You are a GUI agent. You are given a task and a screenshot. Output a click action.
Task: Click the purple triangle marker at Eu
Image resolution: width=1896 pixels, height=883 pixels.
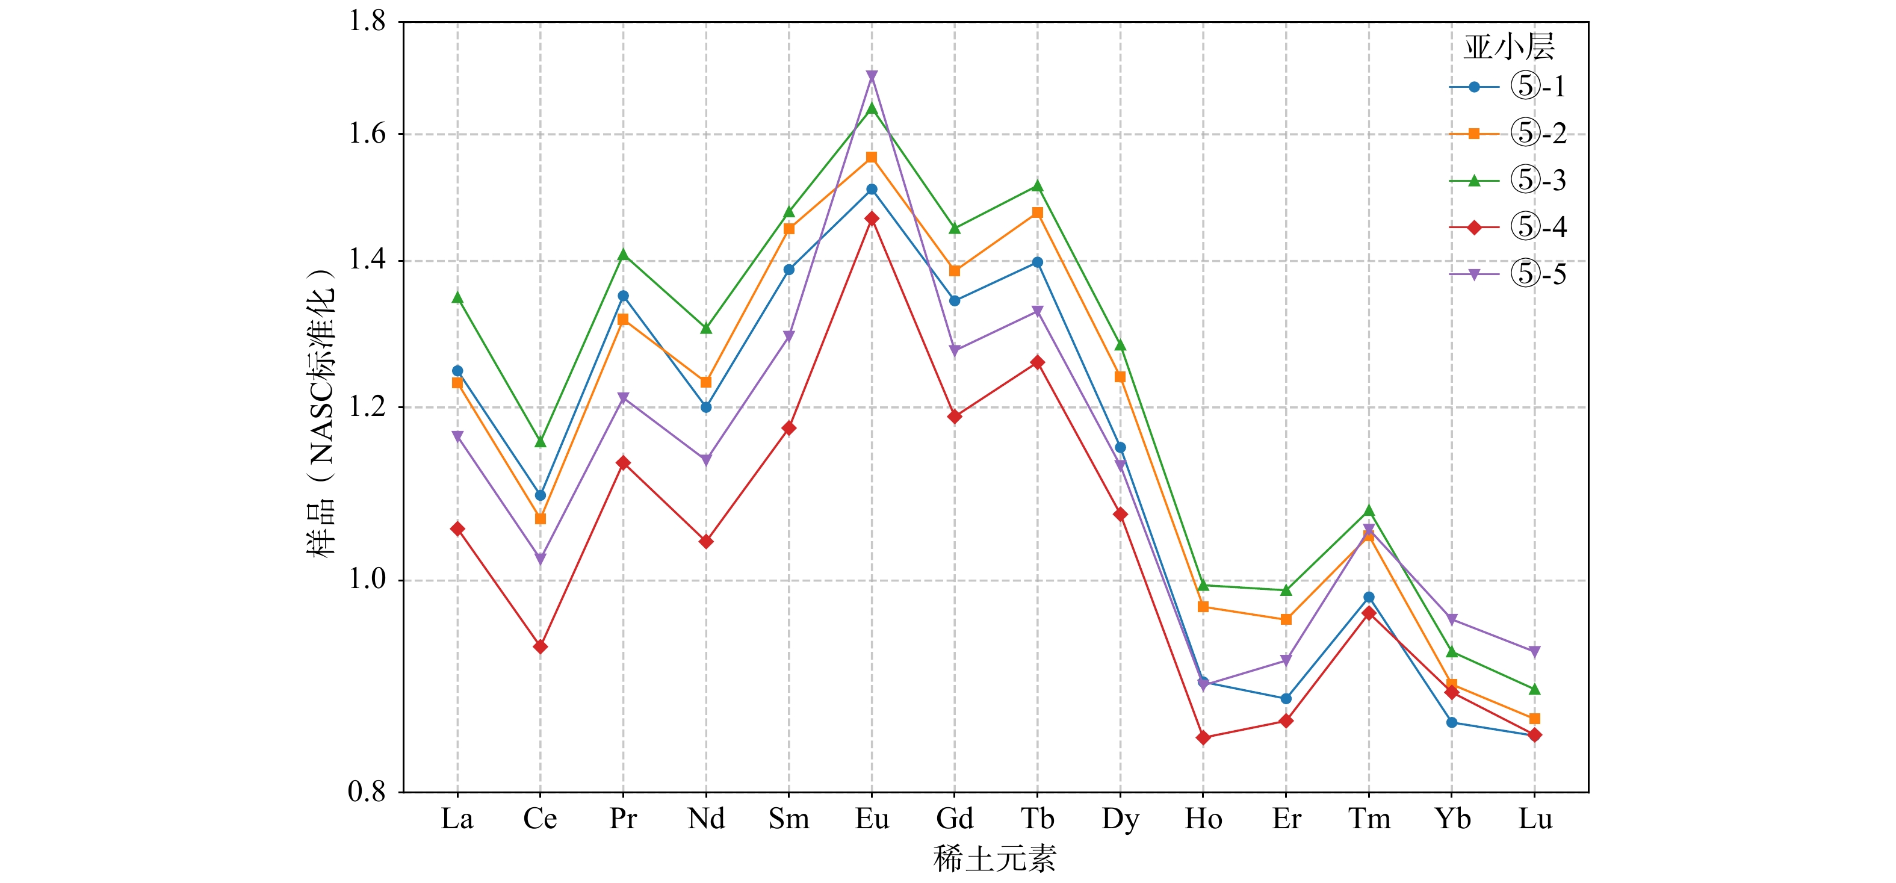pos(872,76)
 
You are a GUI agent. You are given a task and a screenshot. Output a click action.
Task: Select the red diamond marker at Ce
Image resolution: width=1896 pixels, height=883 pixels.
pos(541,647)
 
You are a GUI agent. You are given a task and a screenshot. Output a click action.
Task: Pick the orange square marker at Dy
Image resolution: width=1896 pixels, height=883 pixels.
pos(1120,377)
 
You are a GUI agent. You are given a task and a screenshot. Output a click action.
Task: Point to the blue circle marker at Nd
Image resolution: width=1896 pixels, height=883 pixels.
pos(706,407)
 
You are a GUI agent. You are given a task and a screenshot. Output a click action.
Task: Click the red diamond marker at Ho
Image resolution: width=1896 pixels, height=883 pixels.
pos(1203,737)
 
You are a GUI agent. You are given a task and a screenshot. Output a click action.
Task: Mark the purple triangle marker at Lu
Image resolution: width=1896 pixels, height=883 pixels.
pos(1535,652)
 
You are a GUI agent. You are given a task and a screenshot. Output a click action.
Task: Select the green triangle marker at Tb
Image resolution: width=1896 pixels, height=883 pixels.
pos(1038,185)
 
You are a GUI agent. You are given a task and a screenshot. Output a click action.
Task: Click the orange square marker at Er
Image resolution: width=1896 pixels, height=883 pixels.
pos(1286,619)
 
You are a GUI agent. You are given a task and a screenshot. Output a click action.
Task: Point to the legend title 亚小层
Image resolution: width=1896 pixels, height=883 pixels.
pos(1508,47)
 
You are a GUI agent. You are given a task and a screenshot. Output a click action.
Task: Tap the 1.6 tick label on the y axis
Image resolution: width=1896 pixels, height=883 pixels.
pos(367,134)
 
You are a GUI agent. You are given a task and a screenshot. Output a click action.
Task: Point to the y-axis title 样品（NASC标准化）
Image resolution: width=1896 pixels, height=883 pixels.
pos(321,412)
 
